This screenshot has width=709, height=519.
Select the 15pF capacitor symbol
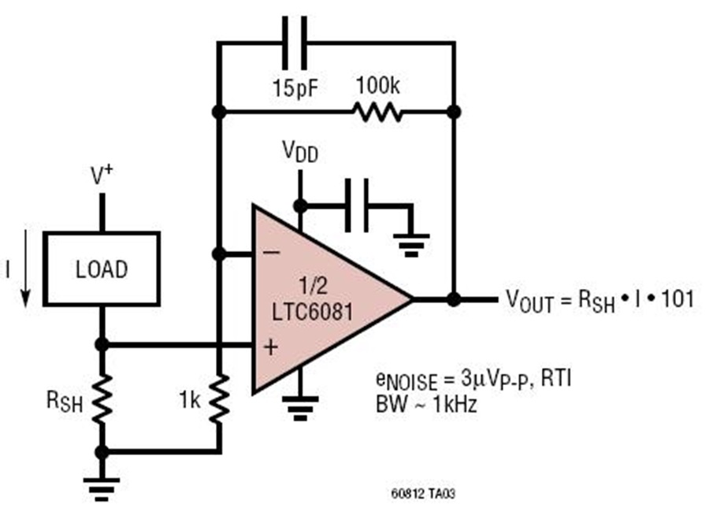pos(295,43)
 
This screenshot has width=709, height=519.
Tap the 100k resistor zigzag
pos(377,112)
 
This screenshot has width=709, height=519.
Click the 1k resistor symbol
pos(218,399)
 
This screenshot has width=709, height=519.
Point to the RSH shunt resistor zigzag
pos(102,399)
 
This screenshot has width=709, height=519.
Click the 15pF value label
pos(295,87)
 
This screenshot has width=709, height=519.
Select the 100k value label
pos(378,85)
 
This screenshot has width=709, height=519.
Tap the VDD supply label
pos(300,151)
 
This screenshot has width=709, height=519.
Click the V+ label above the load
pos(102,176)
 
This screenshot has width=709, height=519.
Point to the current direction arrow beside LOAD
pos(26,269)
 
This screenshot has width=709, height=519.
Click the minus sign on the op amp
pos(271,253)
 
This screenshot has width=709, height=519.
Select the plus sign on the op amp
pos(271,347)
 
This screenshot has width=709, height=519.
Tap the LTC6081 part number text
pos(312,311)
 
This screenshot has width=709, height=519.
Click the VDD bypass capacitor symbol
pos(357,206)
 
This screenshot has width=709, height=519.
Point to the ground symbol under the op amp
pos(300,408)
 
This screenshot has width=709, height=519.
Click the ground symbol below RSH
pos(102,489)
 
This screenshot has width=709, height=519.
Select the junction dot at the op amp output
pos(454,298)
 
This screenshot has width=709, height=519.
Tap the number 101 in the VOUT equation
pos(677,299)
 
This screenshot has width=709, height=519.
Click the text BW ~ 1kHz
pos(426,404)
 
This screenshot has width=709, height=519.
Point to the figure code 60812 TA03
pos(423,494)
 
